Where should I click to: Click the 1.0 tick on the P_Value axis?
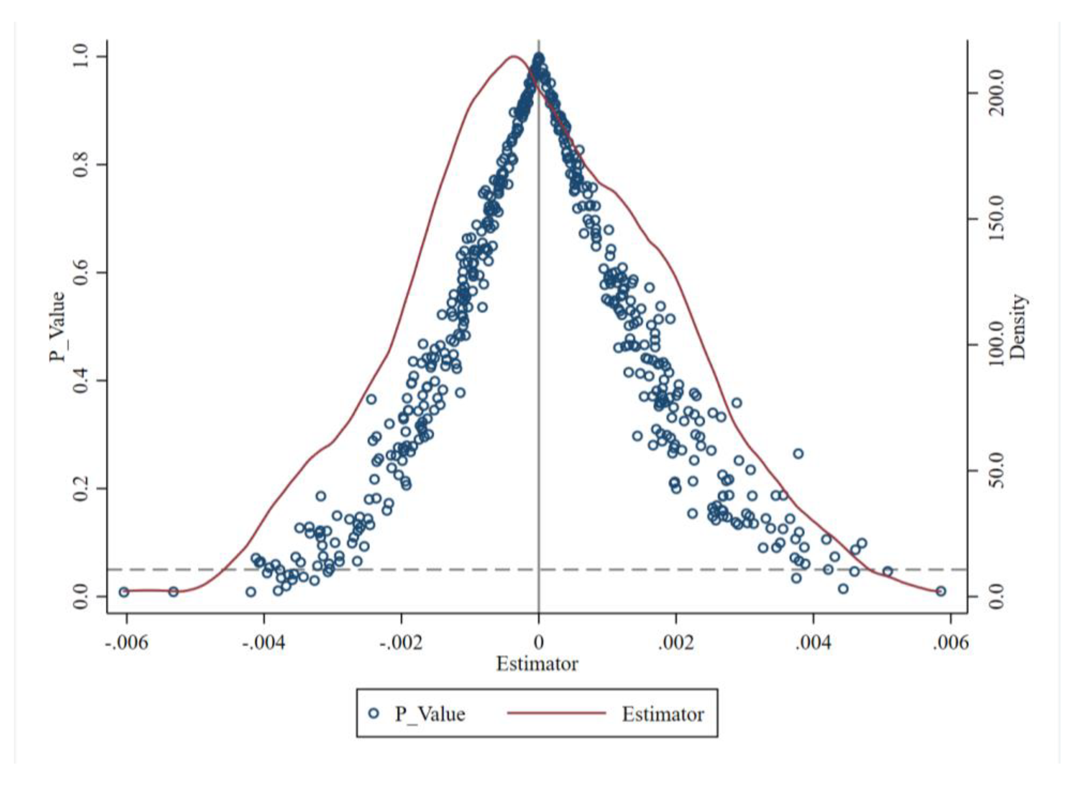click(x=81, y=57)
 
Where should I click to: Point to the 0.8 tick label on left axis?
click(x=81, y=165)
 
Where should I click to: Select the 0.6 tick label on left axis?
click(x=81, y=272)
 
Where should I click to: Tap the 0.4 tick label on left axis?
click(x=81, y=380)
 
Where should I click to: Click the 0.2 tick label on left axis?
click(x=81, y=488)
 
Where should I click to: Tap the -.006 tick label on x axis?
click(x=126, y=643)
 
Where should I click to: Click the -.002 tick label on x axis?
click(x=401, y=643)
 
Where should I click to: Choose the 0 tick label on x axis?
click(x=538, y=643)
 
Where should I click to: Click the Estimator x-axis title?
click(x=537, y=665)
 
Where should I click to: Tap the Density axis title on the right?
click(x=1018, y=327)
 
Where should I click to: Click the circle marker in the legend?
click(x=374, y=714)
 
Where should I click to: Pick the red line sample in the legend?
click(x=556, y=714)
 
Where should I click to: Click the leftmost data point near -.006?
click(x=124, y=592)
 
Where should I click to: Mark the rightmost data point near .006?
click(x=941, y=591)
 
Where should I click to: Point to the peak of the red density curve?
click(x=513, y=56)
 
